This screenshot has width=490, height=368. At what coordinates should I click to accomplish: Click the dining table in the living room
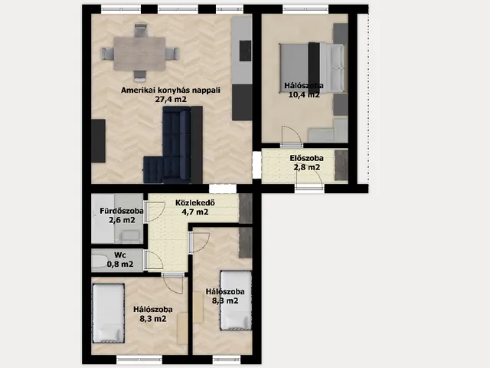pyautogui.click(x=139, y=54)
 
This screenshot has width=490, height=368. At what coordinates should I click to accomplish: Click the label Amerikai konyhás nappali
pyautogui.click(x=171, y=90)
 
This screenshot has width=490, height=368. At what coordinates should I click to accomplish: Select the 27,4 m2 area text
pyautogui.click(x=171, y=100)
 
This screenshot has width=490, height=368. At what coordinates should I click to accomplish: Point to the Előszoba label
pyautogui.click(x=306, y=159)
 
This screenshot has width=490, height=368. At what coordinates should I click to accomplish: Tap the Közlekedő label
pyautogui.click(x=195, y=202)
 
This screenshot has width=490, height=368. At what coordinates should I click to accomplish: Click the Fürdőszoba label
pyautogui.click(x=122, y=211)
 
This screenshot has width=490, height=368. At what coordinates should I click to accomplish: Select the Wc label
pyautogui.click(x=120, y=255)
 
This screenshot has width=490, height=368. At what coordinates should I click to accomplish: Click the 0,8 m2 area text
pyautogui.click(x=120, y=264)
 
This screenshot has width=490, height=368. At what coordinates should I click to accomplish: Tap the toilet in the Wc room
pyautogui.click(x=100, y=261)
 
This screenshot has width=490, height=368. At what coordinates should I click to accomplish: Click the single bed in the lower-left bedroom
pyautogui.click(x=109, y=314)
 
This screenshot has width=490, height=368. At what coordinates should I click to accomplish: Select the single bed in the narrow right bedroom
pyautogui.click(x=236, y=301)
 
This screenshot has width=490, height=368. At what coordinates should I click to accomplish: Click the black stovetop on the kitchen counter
pyautogui.click(x=245, y=51)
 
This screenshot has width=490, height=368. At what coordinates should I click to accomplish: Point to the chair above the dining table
pyautogui.click(x=141, y=31)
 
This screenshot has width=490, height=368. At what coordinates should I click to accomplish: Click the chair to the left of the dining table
pyautogui.click(x=107, y=54)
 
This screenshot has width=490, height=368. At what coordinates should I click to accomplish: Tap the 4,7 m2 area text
pyautogui.click(x=195, y=212)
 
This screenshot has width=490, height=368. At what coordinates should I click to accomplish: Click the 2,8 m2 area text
pyautogui.click(x=306, y=167)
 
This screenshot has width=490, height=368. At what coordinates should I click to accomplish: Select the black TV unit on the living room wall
pyautogui.click(x=98, y=141)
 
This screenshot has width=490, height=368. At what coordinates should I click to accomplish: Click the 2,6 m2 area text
pyautogui.click(x=122, y=220)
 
